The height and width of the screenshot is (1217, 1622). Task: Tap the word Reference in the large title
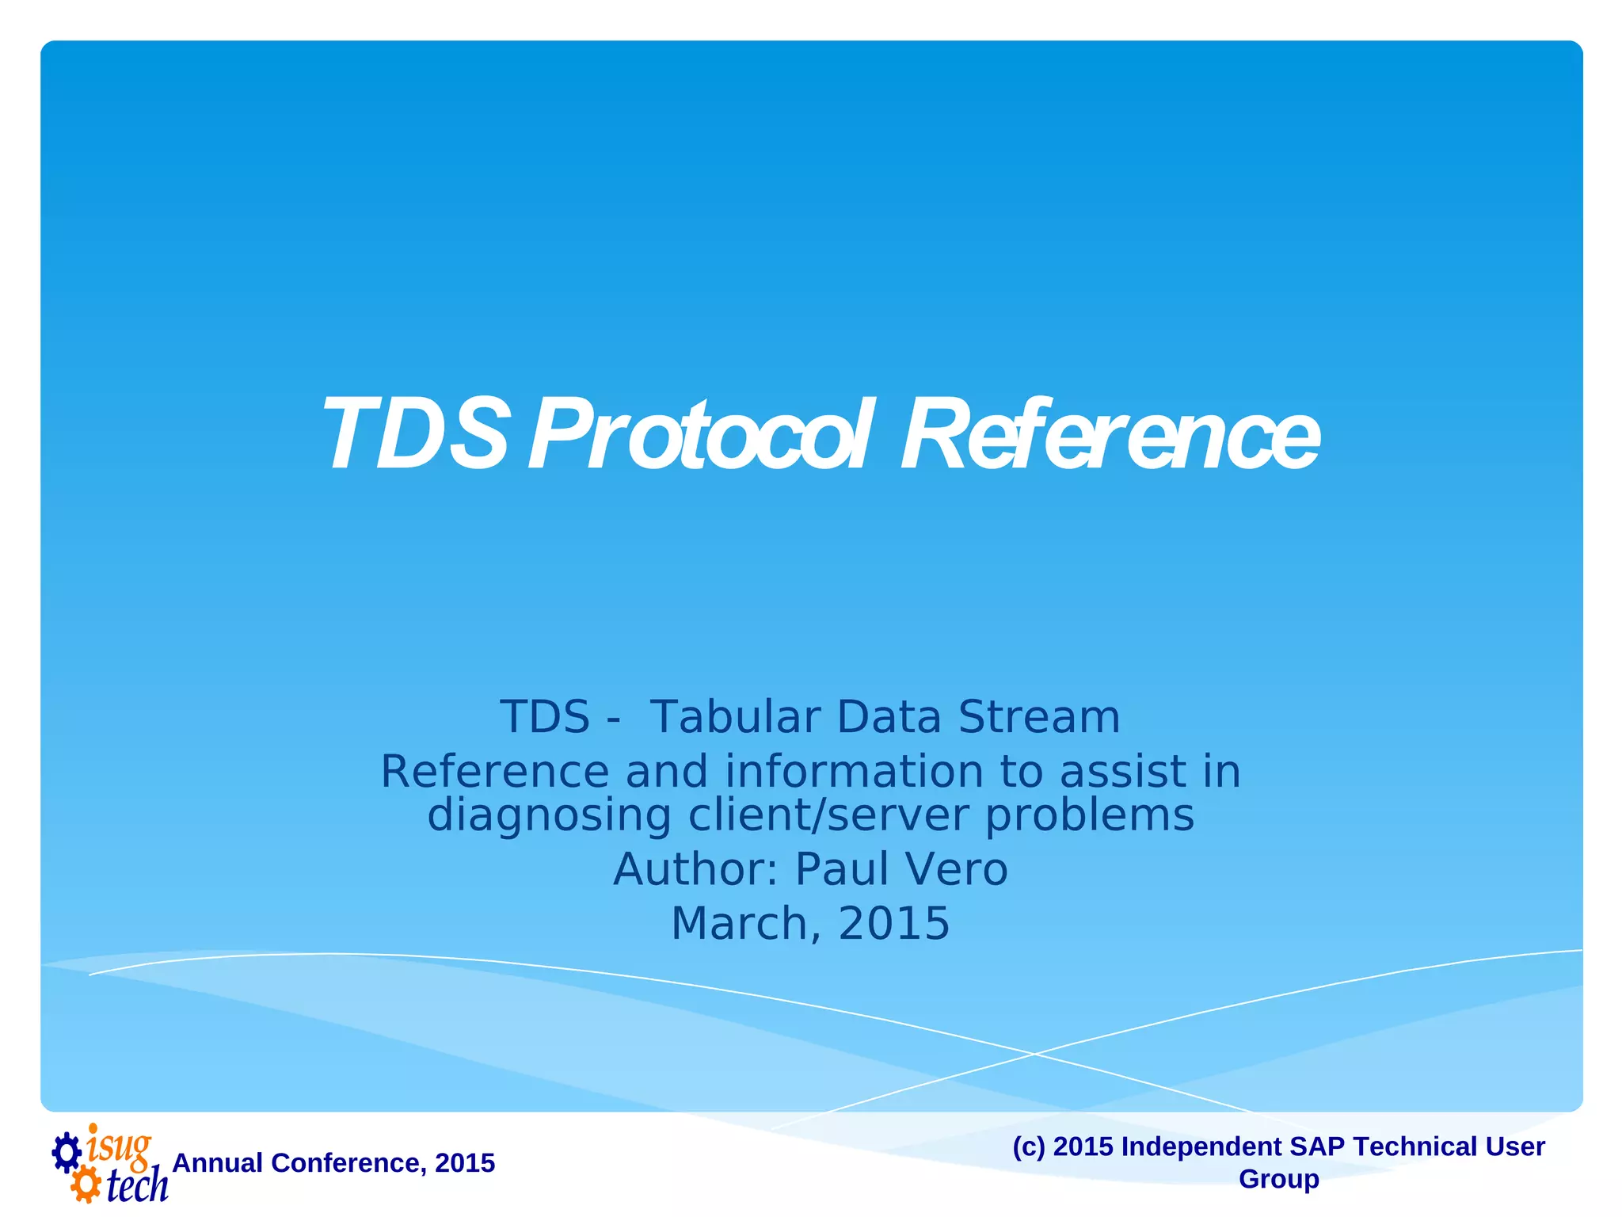(1109, 436)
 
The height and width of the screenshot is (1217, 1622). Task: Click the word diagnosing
(549, 816)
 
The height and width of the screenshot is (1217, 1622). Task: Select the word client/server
(828, 815)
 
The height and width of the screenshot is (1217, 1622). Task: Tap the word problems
(1089, 816)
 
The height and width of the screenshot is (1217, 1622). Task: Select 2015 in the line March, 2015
(893, 924)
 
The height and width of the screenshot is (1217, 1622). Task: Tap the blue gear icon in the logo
(67, 1153)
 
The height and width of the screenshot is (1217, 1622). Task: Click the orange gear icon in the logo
(86, 1186)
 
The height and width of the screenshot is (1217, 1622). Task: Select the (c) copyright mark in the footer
(1029, 1146)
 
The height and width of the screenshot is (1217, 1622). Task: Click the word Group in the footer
(1278, 1179)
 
